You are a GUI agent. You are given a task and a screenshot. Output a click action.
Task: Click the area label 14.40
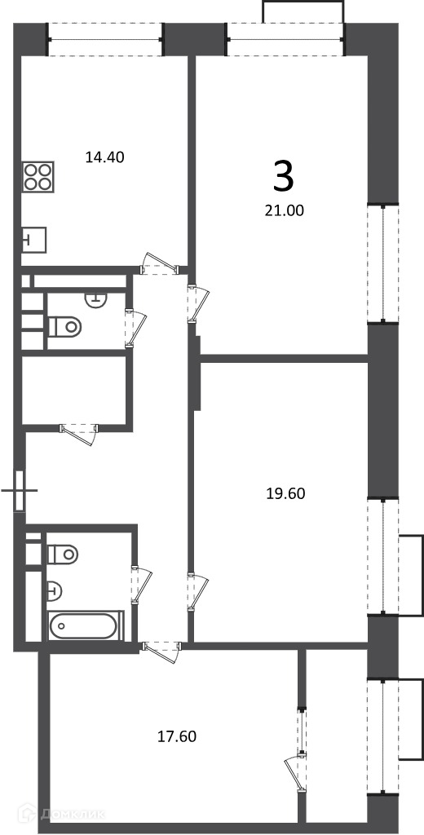click(105, 157)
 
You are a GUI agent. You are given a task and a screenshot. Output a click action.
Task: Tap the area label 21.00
click(285, 211)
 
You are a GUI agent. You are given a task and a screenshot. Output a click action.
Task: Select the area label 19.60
click(285, 493)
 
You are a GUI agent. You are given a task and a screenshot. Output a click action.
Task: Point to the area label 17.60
click(178, 736)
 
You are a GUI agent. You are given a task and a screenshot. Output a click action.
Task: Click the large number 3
click(284, 177)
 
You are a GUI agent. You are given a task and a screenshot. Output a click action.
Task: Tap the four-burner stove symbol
click(38, 176)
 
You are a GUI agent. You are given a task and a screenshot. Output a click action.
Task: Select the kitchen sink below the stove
click(34, 239)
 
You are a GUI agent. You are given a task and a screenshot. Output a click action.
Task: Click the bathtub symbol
click(86, 625)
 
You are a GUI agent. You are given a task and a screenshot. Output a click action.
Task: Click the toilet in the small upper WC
click(64, 325)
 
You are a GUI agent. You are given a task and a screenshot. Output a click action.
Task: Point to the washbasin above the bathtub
click(55, 590)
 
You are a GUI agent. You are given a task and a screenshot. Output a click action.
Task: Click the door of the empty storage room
click(79, 433)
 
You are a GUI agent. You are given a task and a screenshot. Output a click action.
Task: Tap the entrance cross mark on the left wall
click(20, 490)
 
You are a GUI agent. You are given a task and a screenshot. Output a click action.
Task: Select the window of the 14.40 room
click(105, 40)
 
